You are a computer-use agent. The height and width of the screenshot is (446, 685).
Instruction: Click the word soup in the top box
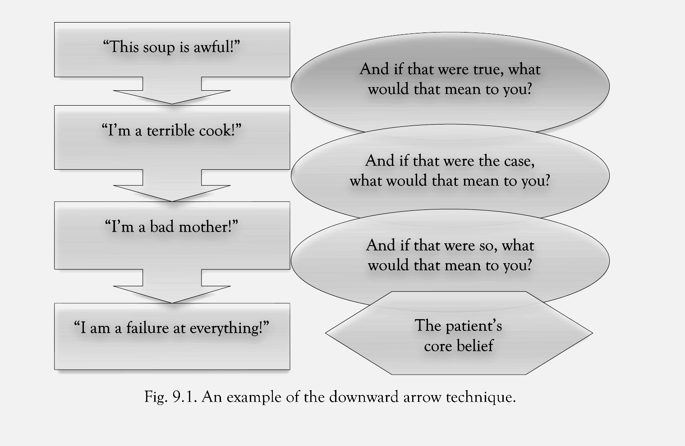(x=159, y=47)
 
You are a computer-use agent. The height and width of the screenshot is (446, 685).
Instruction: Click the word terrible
(x=171, y=130)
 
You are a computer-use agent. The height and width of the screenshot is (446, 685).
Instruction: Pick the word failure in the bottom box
(x=147, y=328)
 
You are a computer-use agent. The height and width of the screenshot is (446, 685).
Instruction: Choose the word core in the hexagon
(x=437, y=346)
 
